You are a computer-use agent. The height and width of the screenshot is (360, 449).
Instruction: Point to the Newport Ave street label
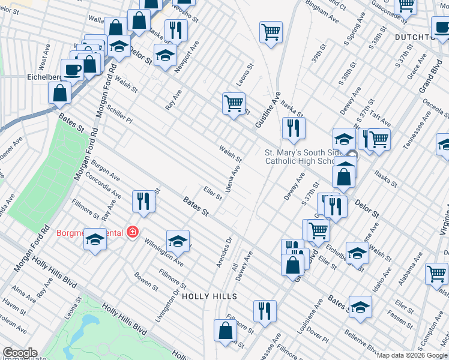[187, 56]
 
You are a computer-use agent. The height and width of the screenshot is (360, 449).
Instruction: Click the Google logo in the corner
[19, 353]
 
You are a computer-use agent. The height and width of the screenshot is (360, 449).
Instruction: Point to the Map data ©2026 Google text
[412, 355]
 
